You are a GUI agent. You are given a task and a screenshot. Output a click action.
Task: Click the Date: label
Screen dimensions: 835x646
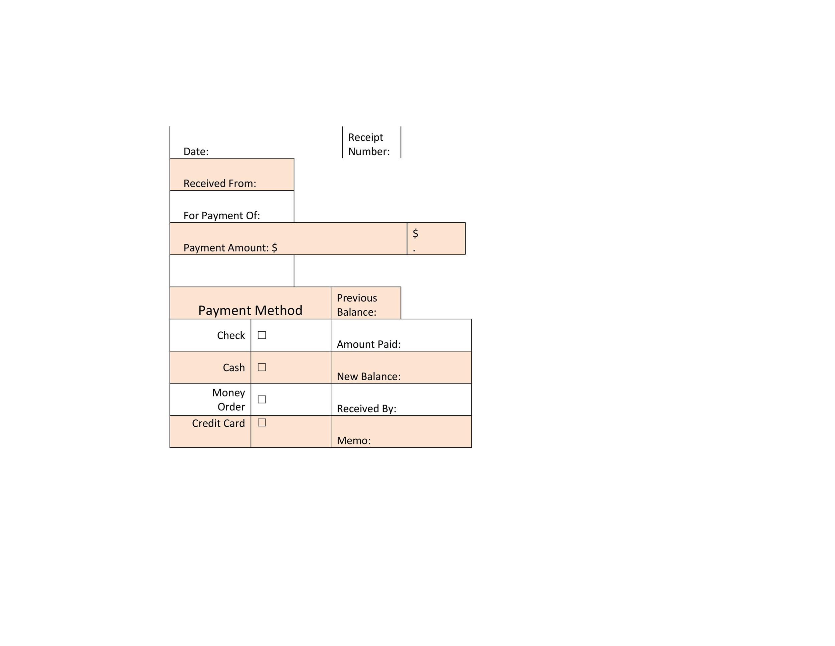pyautogui.click(x=196, y=151)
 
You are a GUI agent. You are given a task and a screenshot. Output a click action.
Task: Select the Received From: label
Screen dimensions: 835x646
pyautogui.click(x=220, y=184)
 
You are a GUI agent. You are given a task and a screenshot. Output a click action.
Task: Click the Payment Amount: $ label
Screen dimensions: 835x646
pyautogui.click(x=230, y=248)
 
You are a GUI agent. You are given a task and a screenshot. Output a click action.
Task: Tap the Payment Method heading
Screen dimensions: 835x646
pyautogui.click(x=251, y=310)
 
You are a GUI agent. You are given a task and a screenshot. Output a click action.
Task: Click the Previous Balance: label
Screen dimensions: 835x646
pyautogui.click(x=357, y=305)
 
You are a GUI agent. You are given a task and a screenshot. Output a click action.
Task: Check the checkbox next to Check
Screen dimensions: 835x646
pyautogui.click(x=262, y=335)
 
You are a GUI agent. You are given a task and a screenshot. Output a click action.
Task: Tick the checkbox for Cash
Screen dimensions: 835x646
pyautogui.click(x=262, y=367)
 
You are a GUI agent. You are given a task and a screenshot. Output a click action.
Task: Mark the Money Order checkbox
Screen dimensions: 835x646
pyautogui.click(x=262, y=400)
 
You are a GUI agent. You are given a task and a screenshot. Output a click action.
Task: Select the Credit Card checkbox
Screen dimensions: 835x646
pyautogui.click(x=262, y=423)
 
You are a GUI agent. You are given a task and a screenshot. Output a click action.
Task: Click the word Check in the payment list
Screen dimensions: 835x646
pyautogui.click(x=231, y=336)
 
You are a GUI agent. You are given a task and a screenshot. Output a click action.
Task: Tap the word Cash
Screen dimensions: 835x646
pyautogui.click(x=234, y=368)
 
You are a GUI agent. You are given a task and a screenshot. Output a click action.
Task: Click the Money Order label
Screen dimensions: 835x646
pyautogui.click(x=229, y=400)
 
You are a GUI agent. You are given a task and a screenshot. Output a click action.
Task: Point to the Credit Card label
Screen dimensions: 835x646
pyautogui.click(x=218, y=424)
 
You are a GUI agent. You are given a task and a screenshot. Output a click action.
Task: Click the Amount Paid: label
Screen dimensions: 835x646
pyautogui.click(x=368, y=344)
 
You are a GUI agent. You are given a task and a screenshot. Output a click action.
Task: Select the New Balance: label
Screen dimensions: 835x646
pyautogui.click(x=368, y=376)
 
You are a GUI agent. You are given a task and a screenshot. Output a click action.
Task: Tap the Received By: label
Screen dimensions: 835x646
pyautogui.click(x=366, y=409)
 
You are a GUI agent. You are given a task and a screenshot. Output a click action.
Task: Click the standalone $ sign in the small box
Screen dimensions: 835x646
pyautogui.click(x=415, y=233)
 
